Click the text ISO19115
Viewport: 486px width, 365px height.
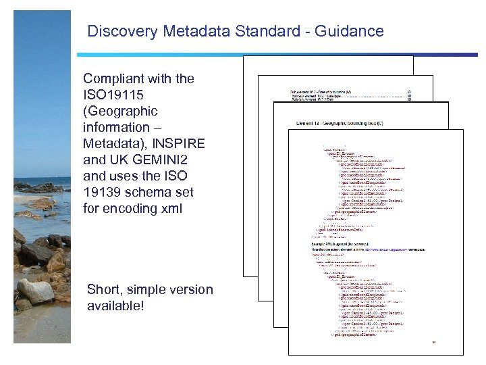(114, 95)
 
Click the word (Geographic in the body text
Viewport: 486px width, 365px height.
(120, 111)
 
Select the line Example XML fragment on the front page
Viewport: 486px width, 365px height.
(344, 246)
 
